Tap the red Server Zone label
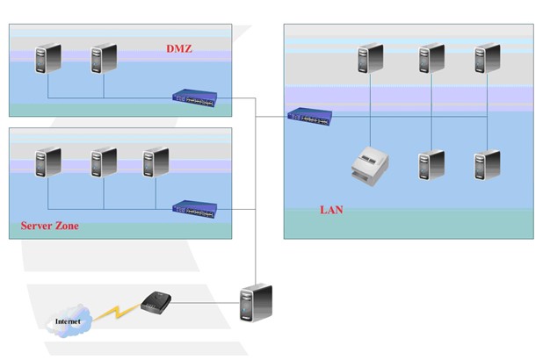point(49,226)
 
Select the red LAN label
point(331,210)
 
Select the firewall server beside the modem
point(256,304)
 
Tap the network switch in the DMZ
point(194,98)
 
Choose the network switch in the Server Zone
point(194,209)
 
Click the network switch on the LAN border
point(309,115)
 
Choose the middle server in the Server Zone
point(103,164)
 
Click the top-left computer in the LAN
point(370,58)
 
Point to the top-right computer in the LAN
point(485,58)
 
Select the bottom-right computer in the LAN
point(485,165)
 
